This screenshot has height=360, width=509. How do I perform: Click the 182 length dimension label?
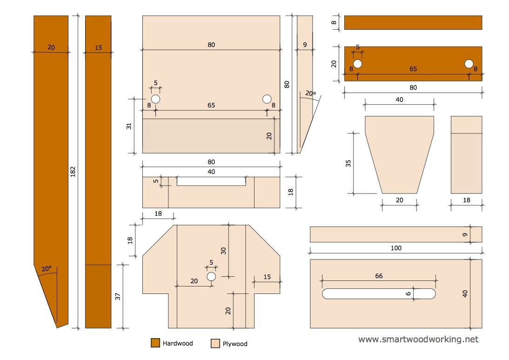[x=73, y=172]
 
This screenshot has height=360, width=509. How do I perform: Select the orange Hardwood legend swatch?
[x=155, y=343]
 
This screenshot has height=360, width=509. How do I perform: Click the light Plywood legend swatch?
[x=215, y=344]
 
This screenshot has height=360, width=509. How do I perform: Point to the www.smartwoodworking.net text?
[x=418, y=340]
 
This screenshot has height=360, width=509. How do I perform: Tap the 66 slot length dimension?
[x=379, y=276]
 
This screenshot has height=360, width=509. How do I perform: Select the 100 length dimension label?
[x=395, y=248]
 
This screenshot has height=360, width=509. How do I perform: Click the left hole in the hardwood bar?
[x=357, y=64]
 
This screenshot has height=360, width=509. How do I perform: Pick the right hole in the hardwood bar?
[x=469, y=64]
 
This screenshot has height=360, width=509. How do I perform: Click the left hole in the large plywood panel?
[x=155, y=99]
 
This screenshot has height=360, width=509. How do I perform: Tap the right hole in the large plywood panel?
[x=267, y=99]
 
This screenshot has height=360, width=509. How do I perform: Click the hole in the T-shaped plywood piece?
[x=211, y=277]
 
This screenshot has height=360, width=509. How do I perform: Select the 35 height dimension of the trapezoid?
[x=348, y=163]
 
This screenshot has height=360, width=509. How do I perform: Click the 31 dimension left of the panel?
[x=129, y=126]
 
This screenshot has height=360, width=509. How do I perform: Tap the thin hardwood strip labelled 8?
[x=413, y=22]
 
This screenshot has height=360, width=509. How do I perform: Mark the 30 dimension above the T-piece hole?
[x=223, y=250]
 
